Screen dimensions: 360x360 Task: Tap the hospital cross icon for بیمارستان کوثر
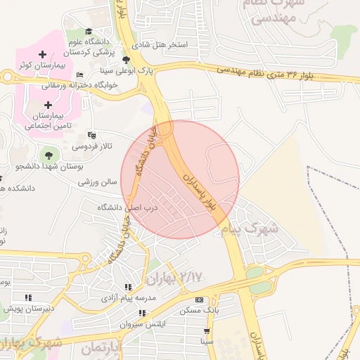[43, 54]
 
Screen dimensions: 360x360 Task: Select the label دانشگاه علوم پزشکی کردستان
[89, 46]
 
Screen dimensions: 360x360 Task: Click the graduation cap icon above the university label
[89, 31]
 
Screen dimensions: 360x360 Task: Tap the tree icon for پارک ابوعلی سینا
[126, 60]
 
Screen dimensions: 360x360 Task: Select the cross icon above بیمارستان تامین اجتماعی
[49, 105]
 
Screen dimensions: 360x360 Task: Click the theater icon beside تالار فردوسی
[91, 135]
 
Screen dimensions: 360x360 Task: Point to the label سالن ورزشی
[97, 181]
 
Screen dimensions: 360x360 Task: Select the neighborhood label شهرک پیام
[250, 229]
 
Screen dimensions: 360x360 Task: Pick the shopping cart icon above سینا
[206, 330]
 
